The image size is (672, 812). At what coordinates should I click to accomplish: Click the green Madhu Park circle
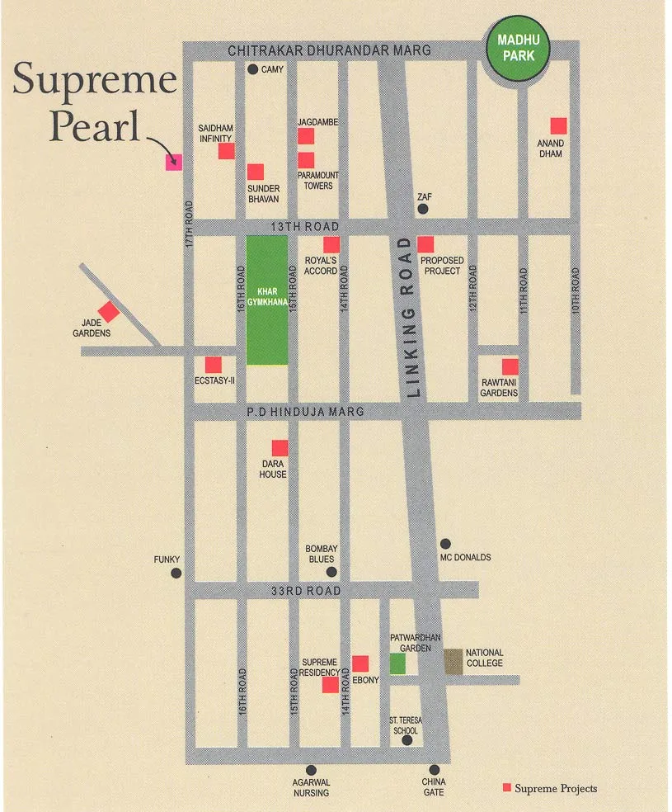[x=519, y=50]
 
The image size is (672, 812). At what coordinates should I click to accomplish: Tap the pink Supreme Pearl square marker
[x=173, y=162]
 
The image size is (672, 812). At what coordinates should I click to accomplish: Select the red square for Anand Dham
[x=558, y=125]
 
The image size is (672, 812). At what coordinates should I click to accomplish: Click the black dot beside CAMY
[x=253, y=69]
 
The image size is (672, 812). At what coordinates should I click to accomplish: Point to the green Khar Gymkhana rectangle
[x=267, y=300]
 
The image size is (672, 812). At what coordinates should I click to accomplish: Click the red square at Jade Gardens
[x=109, y=311]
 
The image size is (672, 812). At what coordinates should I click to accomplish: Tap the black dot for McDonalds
[x=445, y=544]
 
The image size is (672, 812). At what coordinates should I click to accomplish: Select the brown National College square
[x=453, y=662]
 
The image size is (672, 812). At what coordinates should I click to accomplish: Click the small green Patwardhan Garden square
[x=398, y=664]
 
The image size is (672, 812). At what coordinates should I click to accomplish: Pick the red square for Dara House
[x=280, y=448]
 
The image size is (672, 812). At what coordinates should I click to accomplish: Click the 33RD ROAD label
[x=306, y=591]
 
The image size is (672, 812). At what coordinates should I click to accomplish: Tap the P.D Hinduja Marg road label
[x=316, y=411]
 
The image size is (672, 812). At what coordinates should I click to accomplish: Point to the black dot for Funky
[x=175, y=573]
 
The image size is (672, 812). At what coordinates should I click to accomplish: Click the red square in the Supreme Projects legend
[x=507, y=788]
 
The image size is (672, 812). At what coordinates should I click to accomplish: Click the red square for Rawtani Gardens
[x=510, y=366]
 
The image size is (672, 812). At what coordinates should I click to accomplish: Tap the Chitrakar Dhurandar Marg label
[x=329, y=51]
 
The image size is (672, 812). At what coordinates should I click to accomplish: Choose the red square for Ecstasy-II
[x=213, y=364]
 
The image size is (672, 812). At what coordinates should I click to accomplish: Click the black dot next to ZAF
[x=423, y=210]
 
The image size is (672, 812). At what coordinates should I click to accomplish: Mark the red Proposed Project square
[x=425, y=244]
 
